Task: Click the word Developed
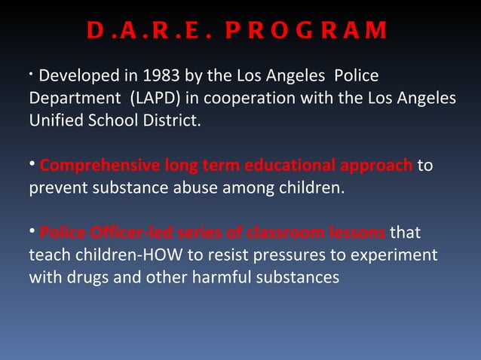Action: click(76, 76)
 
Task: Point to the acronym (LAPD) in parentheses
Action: click(155, 99)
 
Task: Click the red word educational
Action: click(288, 166)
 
